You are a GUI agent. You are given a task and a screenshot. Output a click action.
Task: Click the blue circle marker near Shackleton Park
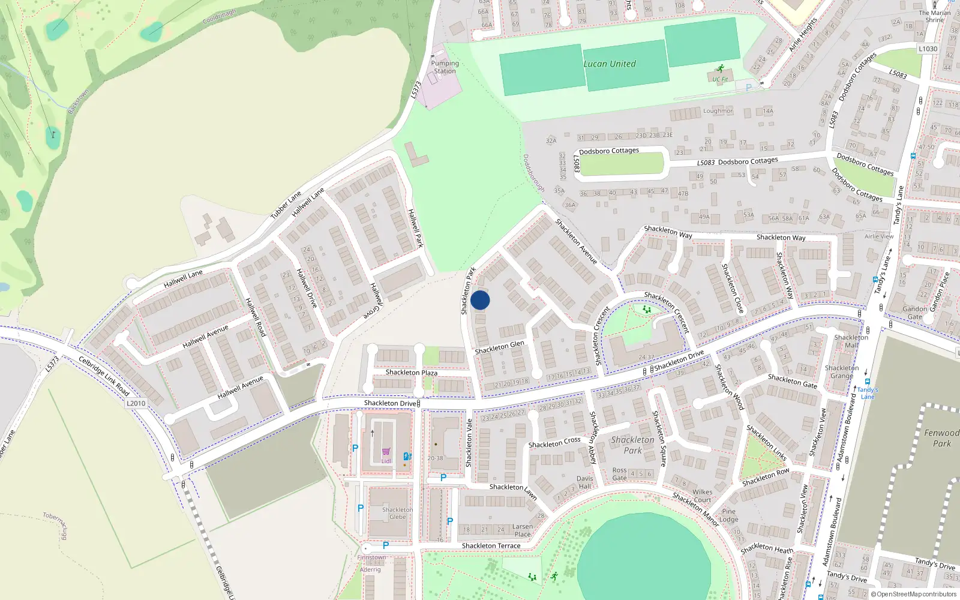pos(480,300)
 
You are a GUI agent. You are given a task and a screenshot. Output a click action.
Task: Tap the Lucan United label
pos(610,64)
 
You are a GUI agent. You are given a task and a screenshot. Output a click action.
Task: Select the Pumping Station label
pos(445,67)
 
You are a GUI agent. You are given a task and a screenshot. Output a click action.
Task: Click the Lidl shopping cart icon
pos(386,452)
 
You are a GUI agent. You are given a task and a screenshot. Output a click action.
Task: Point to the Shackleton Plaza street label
pos(411,373)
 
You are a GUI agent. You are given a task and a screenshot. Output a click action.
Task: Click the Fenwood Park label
pos(941,438)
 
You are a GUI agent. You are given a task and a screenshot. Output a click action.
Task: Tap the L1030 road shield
pos(928,49)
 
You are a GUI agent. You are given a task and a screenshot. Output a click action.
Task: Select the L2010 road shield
pos(136,403)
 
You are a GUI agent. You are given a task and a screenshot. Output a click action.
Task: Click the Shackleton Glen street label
pos(499,347)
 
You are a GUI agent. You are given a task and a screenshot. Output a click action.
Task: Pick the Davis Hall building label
pos(585,482)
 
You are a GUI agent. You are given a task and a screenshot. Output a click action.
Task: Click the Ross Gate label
pos(619,474)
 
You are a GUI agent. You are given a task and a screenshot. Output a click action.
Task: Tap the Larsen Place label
pos(522,530)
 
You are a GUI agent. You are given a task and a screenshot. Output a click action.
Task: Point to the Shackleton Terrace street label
pos(491,545)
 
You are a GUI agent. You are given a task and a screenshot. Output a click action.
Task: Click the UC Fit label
pos(720,79)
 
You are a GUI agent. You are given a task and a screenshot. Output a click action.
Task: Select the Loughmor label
pos(718,111)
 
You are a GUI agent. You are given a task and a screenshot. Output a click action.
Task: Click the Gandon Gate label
pos(914,313)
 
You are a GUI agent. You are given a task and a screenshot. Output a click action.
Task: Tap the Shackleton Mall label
pos(851,341)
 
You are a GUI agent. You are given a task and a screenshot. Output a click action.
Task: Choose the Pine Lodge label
pos(728,515)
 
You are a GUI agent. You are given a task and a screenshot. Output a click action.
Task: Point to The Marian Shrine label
pos(934,16)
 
